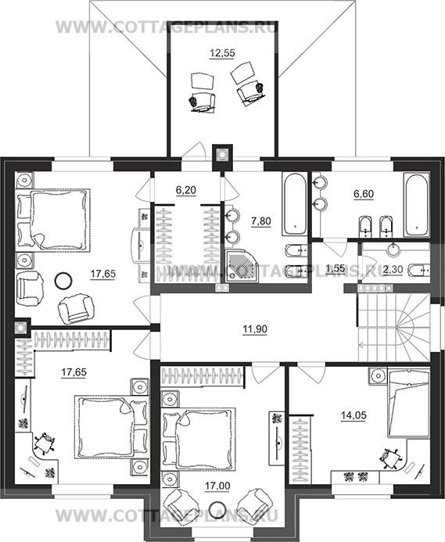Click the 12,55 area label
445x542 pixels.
[222, 53]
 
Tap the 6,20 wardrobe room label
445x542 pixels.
[186, 190]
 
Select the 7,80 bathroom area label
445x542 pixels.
[261, 221]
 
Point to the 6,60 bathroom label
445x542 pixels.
[364, 194]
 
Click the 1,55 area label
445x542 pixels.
[335, 267]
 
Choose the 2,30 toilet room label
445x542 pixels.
[393, 269]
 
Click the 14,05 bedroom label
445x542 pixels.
[353, 415]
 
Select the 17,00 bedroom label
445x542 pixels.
[217, 486]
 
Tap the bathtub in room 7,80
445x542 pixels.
[295, 204]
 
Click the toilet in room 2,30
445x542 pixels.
[419, 270]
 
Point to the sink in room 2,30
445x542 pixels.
[393, 249]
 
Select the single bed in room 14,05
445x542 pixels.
[409, 404]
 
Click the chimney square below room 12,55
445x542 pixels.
[222, 154]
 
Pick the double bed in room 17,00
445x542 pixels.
[199, 438]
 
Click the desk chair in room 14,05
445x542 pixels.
[389, 458]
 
